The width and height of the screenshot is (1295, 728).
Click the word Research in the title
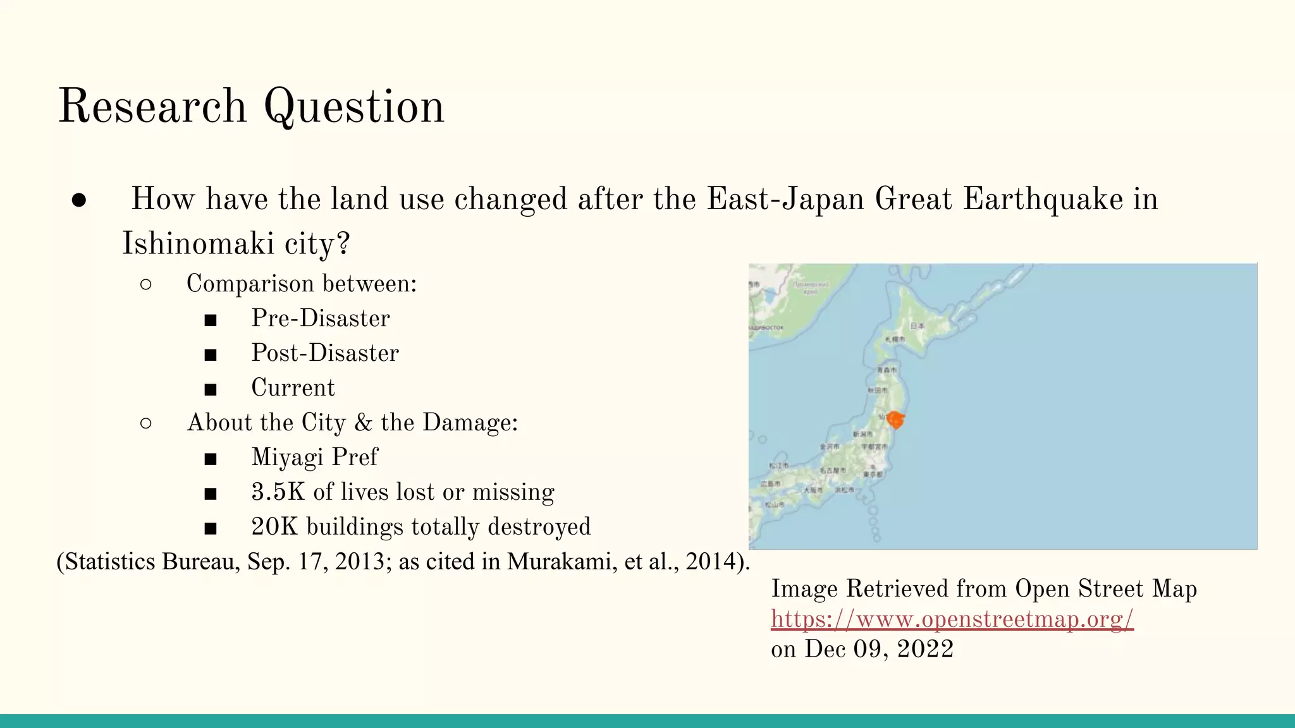pos(152,106)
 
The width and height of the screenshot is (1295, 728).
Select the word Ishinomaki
pos(198,244)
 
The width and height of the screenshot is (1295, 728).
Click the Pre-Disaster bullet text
pos(321,318)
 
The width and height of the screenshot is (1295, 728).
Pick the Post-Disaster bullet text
pos(325,353)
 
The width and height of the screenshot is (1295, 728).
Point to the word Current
pos(293,388)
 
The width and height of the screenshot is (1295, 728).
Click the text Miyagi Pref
pos(314,458)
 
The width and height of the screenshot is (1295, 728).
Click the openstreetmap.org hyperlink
pos(952,619)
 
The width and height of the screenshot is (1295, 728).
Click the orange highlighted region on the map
pos(895,420)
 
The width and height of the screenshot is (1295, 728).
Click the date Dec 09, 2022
pos(879,649)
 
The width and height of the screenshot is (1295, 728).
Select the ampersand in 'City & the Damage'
pos(363,423)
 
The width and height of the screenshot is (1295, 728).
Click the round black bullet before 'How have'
pos(79,200)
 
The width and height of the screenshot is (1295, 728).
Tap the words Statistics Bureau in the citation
pos(151,561)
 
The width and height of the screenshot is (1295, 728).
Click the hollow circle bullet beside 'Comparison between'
pos(145,284)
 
